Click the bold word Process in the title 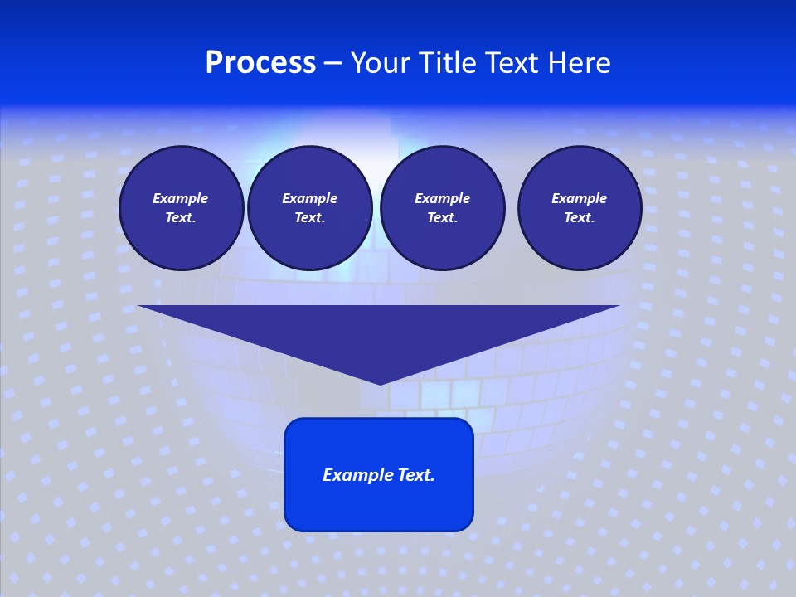(x=260, y=63)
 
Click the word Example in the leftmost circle (x=181, y=198)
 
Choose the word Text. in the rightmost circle (x=579, y=218)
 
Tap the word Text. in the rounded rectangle (x=417, y=475)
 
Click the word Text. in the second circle (x=309, y=218)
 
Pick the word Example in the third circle (x=442, y=198)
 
